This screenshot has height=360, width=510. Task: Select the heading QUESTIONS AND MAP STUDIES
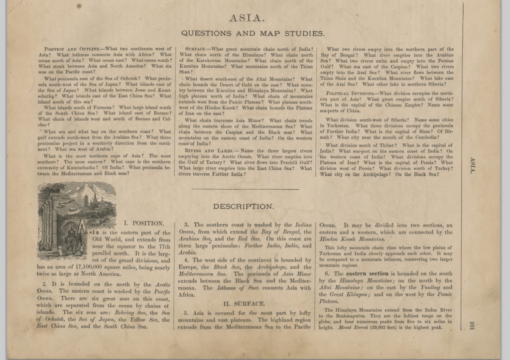pos(253,34)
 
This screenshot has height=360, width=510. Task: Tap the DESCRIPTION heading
pos(243,206)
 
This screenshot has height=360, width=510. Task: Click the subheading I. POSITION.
pos(143,223)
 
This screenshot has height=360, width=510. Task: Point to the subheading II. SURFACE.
pos(244,303)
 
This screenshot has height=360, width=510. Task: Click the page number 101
pos(472,328)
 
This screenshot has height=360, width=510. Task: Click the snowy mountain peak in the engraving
pos(90,189)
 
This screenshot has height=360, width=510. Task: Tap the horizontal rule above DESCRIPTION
pos(244,189)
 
